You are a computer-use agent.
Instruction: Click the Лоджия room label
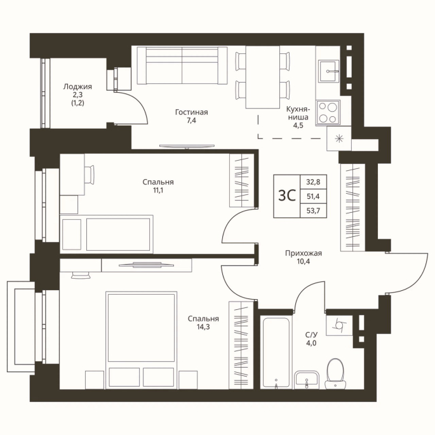tap(77, 86)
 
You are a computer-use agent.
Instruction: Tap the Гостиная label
tap(191, 112)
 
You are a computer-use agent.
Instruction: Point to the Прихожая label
tap(304, 253)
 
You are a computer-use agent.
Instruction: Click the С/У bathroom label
tap(311, 335)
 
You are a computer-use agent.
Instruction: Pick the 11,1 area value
tap(158, 191)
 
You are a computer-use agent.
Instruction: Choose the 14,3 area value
tap(203, 327)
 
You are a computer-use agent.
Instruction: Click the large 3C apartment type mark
tap(287, 196)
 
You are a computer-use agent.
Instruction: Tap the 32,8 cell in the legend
tap(313, 182)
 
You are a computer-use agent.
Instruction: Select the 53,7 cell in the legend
tap(313, 211)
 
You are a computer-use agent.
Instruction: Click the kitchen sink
tap(329, 71)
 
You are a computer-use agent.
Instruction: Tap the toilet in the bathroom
tap(335, 373)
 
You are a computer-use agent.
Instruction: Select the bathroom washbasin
tap(307, 380)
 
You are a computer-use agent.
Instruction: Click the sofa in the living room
tap(182, 65)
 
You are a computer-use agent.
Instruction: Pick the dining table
tap(263, 77)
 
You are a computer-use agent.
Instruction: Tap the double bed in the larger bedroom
tap(142, 339)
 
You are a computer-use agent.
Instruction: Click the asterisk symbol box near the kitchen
tap(339, 138)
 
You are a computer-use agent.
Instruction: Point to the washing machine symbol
tap(339, 325)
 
